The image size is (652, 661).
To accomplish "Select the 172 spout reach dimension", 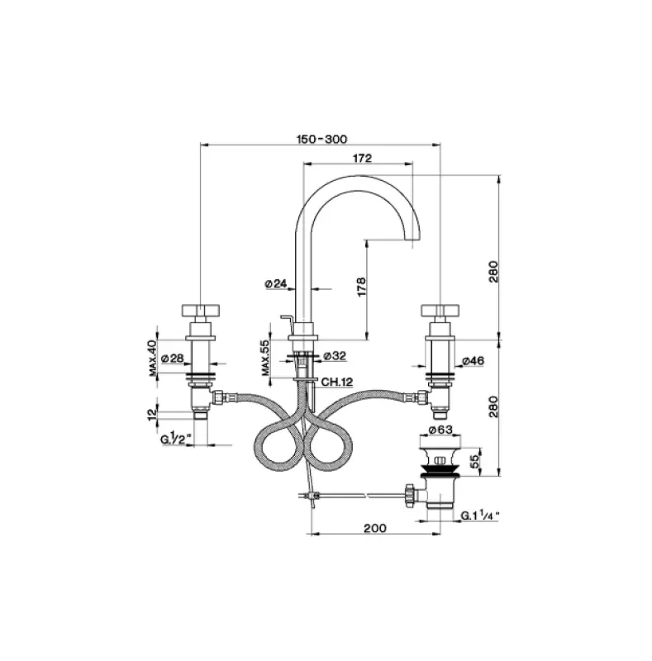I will pos(360,158).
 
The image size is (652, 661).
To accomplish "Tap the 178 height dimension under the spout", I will pos(360,286).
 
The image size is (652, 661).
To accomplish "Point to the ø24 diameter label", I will pos(276,283).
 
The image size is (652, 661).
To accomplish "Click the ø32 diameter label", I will pos(334,356).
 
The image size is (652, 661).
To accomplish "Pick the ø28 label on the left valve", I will pos(172,358).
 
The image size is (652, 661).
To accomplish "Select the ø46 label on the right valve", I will pos(473,361).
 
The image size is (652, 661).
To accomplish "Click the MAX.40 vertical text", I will pos(153,359).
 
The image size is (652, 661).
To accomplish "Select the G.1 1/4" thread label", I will pos(481,515).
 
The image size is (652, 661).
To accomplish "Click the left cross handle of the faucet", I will pos(201,311).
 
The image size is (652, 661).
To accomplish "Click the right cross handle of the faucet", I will pos(439,311).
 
